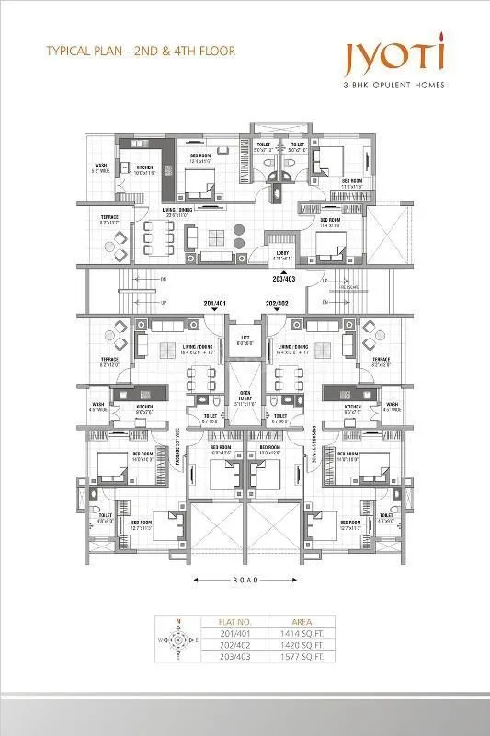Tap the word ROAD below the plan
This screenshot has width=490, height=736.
coord(245,580)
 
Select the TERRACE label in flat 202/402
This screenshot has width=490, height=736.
coord(381,361)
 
